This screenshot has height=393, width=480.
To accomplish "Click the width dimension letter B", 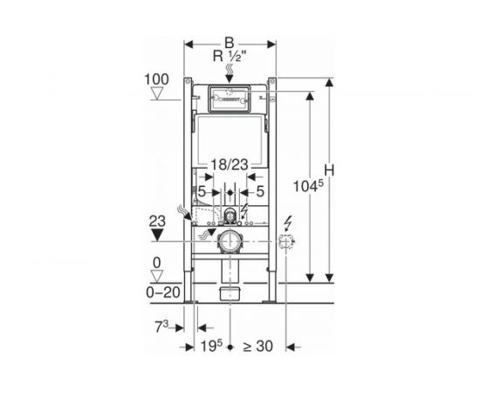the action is pyautogui.click(x=230, y=43).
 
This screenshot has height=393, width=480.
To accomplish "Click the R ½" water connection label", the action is pyautogui.click(x=230, y=57).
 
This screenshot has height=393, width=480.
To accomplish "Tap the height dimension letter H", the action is pyautogui.click(x=329, y=170).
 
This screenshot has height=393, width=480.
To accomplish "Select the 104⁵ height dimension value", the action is pyautogui.click(x=308, y=186).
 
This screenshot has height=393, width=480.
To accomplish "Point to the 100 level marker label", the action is pyautogui.click(x=156, y=79).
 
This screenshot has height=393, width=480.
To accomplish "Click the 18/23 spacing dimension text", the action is pyautogui.click(x=230, y=165).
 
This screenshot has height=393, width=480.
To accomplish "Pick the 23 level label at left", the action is pyautogui.click(x=157, y=221).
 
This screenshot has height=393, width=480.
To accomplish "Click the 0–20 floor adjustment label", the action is pyautogui.click(x=162, y=293).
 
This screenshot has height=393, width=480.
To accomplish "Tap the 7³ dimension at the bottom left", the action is pyautogui.click(x=161, y=327).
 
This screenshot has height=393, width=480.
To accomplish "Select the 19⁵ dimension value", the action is pyautogui.click(x=211, y=347).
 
